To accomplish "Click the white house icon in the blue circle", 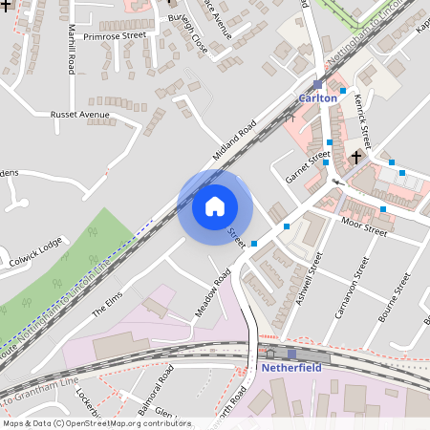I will coord(214,206).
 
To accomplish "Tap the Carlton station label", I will coord(317,98).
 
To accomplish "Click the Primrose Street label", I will coord(114,35).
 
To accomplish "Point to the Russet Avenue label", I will coord(80,115).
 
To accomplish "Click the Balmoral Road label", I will coord(154,384).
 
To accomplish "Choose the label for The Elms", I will coord(108,307).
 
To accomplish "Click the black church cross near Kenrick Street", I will coord(356,156).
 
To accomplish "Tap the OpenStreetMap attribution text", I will coord(83,423).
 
